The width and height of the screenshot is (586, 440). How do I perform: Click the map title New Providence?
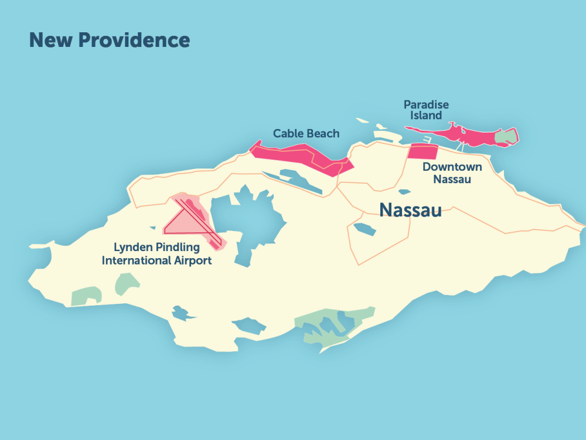coord(109,40)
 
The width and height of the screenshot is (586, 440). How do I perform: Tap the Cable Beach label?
coord(306,134)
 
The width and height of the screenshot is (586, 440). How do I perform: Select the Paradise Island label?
coord(426,110)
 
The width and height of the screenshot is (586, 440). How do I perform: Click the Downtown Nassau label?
coord(452,172)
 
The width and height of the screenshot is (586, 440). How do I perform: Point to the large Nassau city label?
coord(410,210)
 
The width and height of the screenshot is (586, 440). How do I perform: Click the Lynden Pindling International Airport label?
coord(156,254)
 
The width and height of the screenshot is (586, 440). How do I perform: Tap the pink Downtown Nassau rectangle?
coord(423,151)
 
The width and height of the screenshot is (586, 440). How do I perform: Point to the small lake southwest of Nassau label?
coord(363,228)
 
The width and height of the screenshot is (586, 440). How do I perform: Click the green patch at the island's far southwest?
coord(86,296)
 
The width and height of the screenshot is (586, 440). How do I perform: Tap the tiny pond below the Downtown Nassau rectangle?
coord(404,192)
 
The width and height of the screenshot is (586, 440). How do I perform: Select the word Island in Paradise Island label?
coord(426,116)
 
